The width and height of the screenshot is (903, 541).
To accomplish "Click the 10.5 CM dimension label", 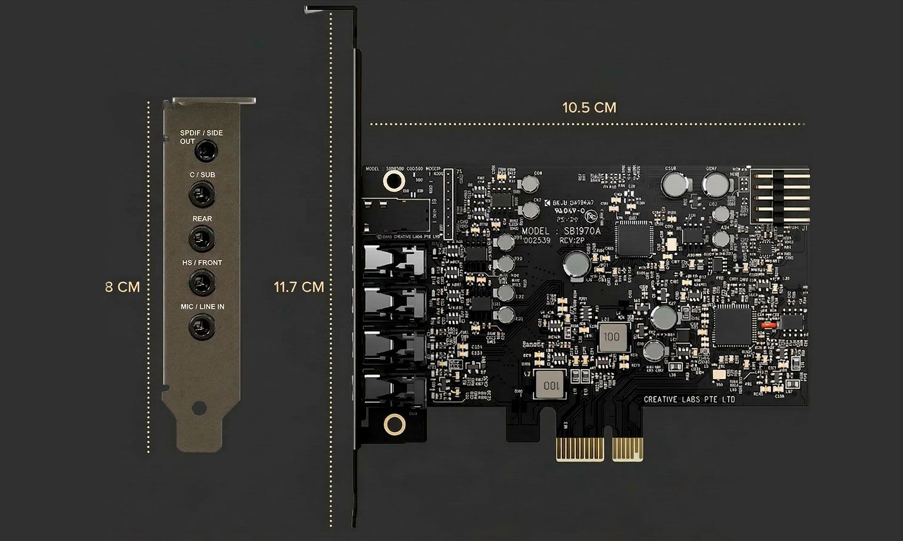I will [x=589, y=108].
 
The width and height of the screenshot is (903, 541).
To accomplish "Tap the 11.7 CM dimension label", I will [x=299, y=287].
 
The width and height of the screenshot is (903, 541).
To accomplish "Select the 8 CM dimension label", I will [x=122, y=287].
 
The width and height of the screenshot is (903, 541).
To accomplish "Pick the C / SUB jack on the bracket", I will [x=202, y=194].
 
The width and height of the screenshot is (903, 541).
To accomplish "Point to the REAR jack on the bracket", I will [x=202, y=238].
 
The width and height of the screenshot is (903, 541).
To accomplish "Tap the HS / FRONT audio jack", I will [x=202, y=282].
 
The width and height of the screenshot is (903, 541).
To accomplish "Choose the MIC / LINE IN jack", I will [x=202, y=326].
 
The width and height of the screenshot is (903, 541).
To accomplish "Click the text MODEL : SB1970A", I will [x=561, y=231].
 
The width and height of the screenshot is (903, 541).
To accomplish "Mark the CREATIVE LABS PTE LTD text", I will [x=689, y=400].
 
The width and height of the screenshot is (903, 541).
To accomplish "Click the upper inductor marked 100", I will [x=611, y=337].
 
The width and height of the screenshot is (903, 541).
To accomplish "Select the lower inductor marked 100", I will [x=551, y=385].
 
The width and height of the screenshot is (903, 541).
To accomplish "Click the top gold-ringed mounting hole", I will [x=393, y=180].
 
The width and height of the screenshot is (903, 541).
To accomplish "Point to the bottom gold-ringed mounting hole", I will [x=394, y=424].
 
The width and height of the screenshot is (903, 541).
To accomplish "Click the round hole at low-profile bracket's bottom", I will [x=200, y=407].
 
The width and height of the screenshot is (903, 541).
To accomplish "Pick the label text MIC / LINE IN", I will [x=202, y=306].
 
